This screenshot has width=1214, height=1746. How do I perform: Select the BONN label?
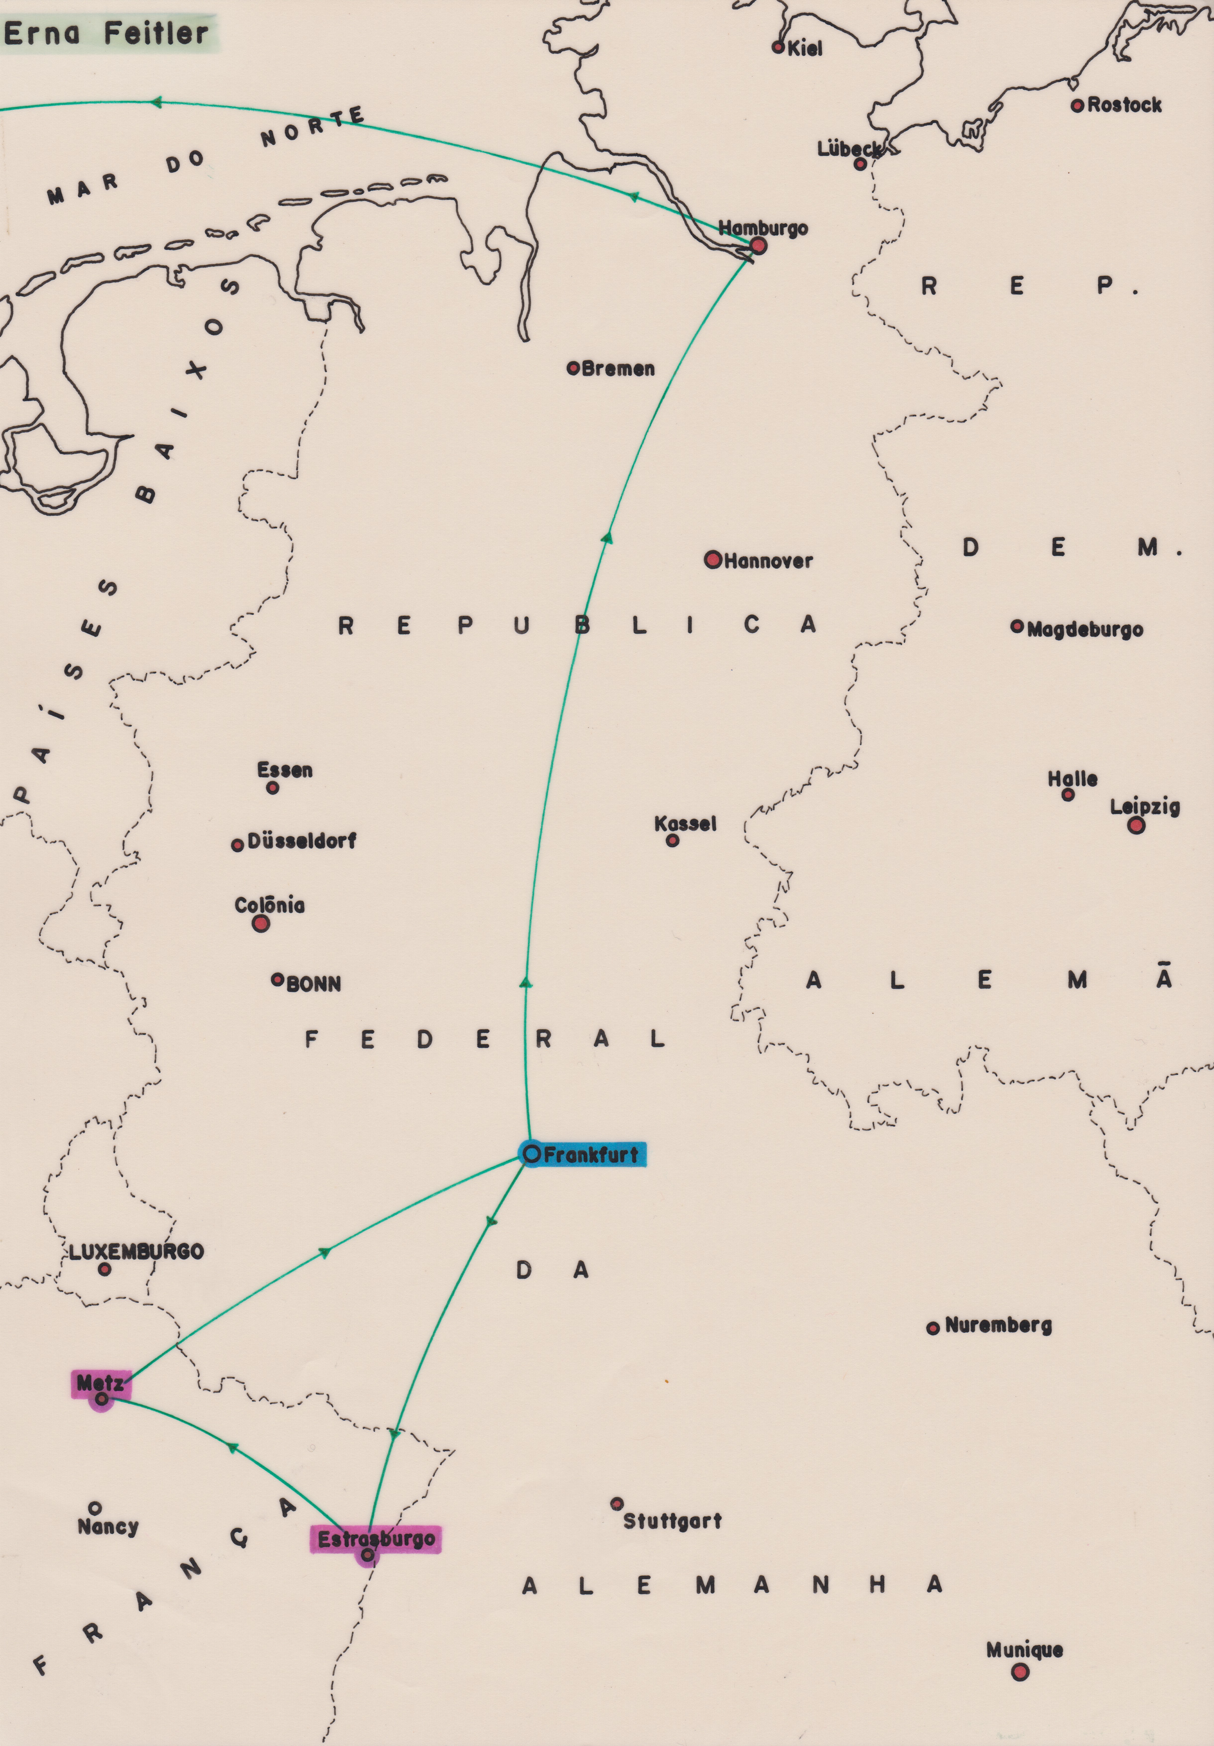(313, 984)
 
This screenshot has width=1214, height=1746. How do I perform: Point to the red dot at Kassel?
(672, 841)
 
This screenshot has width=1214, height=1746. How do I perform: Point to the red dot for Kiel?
(778, 47)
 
